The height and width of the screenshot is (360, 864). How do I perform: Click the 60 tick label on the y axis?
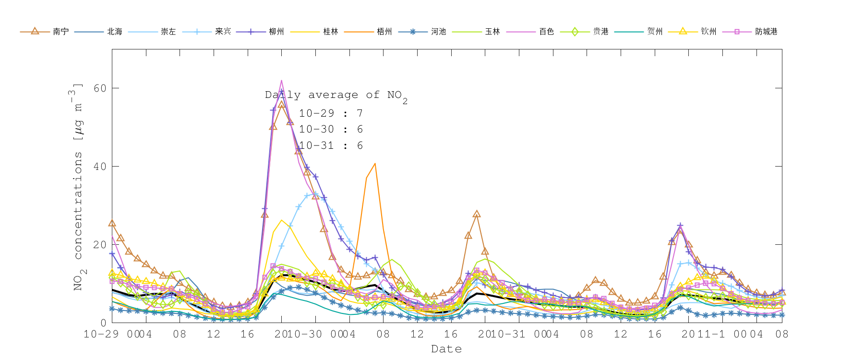[100, 88]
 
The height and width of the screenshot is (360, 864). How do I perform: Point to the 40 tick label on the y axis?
[100, 167]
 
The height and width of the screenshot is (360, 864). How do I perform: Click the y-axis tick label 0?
[103, 323]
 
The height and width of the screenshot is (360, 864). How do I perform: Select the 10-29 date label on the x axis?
[101, 334]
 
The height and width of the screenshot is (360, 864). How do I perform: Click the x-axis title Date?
[446, 349]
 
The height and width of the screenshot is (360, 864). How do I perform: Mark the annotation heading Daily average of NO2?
[336, 95]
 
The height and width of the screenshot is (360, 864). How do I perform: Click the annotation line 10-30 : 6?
[331, 129]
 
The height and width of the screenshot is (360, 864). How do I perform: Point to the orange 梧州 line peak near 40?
[375, 164]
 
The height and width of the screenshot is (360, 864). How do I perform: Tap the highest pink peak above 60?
[282, 81]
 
